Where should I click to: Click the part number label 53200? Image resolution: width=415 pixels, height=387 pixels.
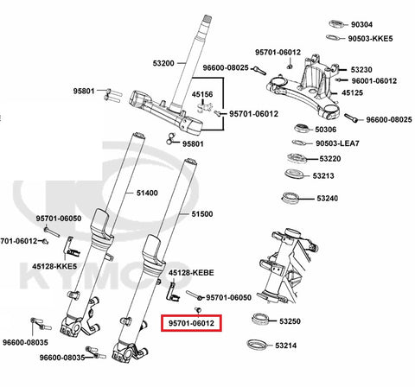click(163, 63)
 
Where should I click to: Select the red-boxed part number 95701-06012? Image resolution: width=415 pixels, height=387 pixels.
click(191, 323)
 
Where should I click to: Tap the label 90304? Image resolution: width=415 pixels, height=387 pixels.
click(361, 24)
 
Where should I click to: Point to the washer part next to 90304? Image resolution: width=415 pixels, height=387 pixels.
click(336, 24)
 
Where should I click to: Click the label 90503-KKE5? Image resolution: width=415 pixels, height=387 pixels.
click(370, 38)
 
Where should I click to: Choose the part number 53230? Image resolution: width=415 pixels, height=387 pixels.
click(361, 70)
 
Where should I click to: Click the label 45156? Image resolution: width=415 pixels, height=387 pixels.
click(202, 94)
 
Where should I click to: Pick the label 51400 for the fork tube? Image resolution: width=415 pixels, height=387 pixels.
click(147, 193)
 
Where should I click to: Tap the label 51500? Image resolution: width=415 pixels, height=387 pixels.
click(202, 214)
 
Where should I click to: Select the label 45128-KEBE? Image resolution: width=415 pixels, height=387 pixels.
click(191, 273)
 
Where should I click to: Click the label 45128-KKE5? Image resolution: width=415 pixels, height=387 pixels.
click(54, 266)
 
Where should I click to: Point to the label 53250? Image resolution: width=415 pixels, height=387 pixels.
click(290, 321)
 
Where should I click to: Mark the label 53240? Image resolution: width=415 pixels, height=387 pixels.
click(328, 198)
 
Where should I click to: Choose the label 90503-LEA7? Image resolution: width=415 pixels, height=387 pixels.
click(337, 143)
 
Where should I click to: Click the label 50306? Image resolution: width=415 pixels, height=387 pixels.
click(326, 130)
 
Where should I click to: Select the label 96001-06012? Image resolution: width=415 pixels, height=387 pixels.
click(374, 81)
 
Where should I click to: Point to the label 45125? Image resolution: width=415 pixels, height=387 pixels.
click(352, 92)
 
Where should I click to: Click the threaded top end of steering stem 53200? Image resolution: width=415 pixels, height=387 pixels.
click(207, 20)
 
